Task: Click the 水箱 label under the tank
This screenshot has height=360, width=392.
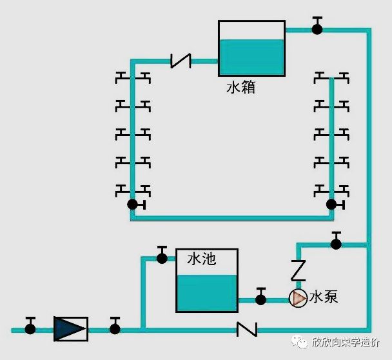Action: coord(240,87)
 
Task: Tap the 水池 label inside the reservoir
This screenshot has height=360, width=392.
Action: coord(201,260)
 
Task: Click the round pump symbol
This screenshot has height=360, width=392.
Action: coord(298,298)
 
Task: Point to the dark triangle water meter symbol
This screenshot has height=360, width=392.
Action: coord(70,328)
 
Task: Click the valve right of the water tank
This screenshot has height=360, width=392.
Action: coord(317,28)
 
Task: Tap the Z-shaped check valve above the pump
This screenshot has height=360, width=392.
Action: coord(298,270)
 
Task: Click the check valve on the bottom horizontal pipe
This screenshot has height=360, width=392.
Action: coord(247,329)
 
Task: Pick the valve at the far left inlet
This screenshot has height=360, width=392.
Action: coord(30,328)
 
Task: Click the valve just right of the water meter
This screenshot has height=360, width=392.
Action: coord(115,328)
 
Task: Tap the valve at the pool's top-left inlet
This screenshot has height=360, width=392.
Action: coord(162,258)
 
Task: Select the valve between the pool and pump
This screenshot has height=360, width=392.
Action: coord(260,299)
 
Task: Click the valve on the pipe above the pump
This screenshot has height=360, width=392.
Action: coord(335,243)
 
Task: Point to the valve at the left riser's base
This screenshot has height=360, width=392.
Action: coord(133,205)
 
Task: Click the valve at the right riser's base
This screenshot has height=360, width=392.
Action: coord(331,205)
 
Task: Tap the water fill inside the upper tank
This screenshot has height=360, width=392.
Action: coord(251,57)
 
